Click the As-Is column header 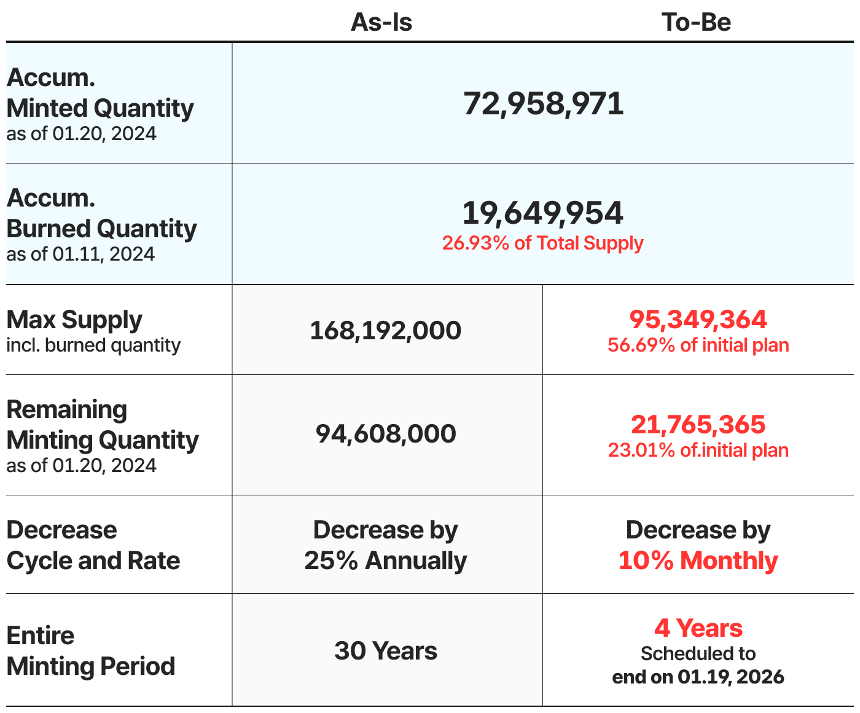pos(381,23)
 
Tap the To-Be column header pos(697,23)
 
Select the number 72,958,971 pos(544,103)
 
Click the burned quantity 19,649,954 pos(543,213)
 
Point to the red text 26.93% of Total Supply pos(543,243)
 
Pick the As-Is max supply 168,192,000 pos(386,331)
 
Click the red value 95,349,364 pos(698,320)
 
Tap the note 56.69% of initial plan pos(698,345)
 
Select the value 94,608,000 pos(386,434)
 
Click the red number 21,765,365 pos(698,425)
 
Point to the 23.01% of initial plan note pos(698,451)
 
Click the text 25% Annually pos(386,561)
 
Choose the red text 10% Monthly pos(698,561)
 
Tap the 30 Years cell pos(386,651)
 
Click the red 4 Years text pos(698,628)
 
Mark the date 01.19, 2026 pos(731,677)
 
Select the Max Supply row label pos(74,320)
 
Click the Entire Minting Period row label pos(91,651)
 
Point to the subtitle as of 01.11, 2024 pos(81,254)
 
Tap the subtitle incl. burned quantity pos(93,345)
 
